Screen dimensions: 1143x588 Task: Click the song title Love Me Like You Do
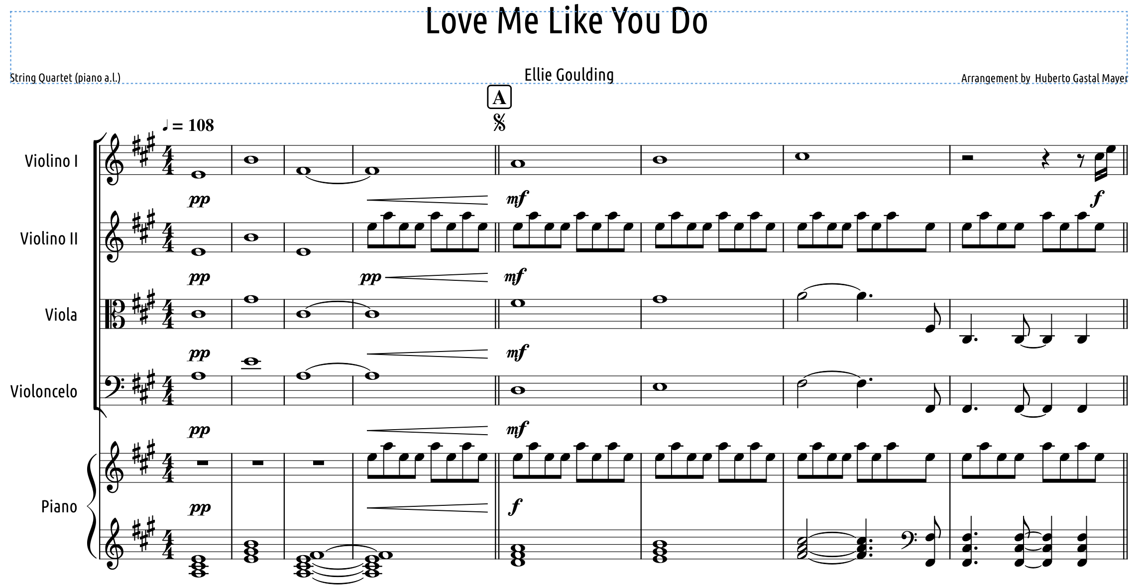coord(567,21)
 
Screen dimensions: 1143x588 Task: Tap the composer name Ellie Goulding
coord(569,75)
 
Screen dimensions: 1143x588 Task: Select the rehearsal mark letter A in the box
coord(499,97)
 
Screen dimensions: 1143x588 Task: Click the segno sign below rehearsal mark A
coord(499,122)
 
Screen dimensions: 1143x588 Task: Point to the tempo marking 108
coord(201,125)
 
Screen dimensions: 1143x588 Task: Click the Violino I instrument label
coord(51,161)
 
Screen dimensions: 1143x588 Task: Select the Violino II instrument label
coord(49,238)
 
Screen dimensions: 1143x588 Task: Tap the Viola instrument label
coord(61,315)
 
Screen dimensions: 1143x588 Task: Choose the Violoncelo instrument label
coord(44,391)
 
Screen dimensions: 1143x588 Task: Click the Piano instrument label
coord(59,506)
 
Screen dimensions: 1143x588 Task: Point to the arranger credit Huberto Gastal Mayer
coord(1081,78)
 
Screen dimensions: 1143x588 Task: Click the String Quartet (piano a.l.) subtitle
coord(65,78)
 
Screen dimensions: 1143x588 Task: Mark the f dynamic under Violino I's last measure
coord(1097,199)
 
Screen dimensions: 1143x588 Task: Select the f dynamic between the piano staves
coord(515,507)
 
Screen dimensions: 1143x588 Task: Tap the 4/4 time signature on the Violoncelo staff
coord(169,390)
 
